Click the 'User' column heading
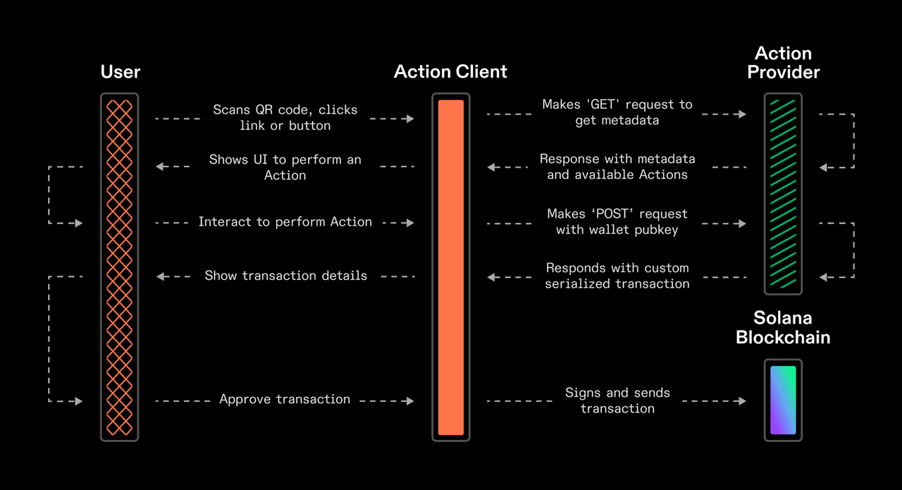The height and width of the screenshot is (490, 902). (x=120, y=72)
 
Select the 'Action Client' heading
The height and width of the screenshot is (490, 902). (x=450, y=72)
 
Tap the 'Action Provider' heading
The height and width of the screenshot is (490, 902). (x=783, y=63)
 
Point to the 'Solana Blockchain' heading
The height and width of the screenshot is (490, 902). (x=783, y=327)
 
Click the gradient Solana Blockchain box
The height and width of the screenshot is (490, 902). (x=783, y=400)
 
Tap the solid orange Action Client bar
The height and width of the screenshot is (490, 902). (x=450, y=267)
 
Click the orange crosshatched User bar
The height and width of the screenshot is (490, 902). (x=119, y=267)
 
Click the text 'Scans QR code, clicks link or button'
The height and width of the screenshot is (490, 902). (x=285, y=118)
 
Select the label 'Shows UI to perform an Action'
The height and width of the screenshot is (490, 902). (x=285, y=167)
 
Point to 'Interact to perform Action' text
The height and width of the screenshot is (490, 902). (x=285, y=222)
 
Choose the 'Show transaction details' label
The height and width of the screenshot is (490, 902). (x=285, y=276)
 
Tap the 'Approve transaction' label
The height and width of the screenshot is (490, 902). (x=285, y=399)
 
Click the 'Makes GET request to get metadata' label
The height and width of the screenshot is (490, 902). (x=617, y=112)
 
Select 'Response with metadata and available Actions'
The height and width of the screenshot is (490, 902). (x=617, y=166)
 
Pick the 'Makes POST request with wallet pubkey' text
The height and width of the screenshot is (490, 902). (x=617, y=221)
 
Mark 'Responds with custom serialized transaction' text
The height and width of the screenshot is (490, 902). (x=617, y=276)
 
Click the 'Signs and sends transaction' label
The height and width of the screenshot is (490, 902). (x=617, y=400)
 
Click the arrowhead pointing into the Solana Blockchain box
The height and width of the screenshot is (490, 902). (x=741, y=401)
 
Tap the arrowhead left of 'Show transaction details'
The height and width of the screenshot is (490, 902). (x=161, y=276)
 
